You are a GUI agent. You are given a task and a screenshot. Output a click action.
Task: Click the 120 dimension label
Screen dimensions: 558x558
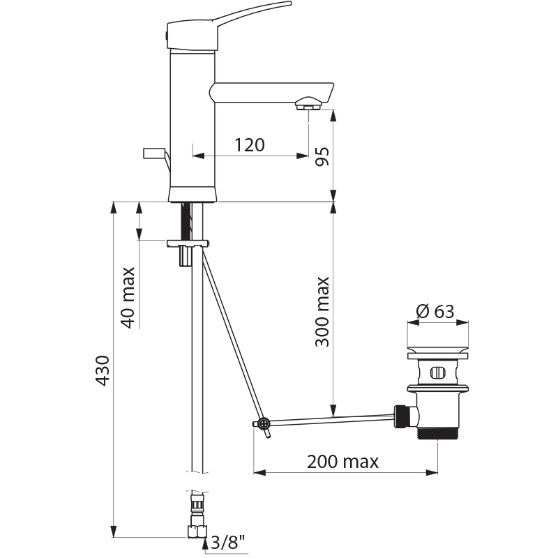click(x=249, y=145)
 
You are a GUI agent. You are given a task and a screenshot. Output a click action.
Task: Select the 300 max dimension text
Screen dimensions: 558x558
click(x=322, y=312)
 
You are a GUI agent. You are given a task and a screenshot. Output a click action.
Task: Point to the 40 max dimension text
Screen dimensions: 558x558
click(x=128, y=296)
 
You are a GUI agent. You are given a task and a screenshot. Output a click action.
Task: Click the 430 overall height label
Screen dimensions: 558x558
click(x=102, y=370)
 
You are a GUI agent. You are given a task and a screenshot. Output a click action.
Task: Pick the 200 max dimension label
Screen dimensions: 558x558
click(x=342, y=461)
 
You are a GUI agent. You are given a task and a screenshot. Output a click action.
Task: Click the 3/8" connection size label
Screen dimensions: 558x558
click(x=227, y=541)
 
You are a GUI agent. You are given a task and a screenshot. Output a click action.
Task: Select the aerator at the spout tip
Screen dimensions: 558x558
click(x=308, y=105)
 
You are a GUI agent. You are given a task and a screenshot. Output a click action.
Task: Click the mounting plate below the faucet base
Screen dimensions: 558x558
click(x=188, y=243)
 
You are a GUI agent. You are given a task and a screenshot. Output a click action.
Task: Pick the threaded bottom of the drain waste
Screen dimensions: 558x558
click(x=437, y=434)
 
